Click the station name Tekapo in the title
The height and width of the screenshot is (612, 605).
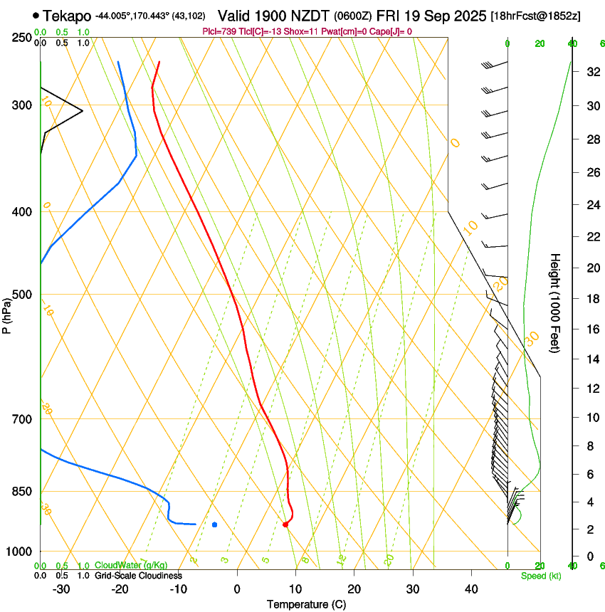click(x=67, y=16)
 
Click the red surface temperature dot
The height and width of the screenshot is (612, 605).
click(x=285, y=524)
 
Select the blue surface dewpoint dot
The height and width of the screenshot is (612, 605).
click(x=214, y=524)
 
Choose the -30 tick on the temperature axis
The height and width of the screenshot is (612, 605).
click(x=61, y=589)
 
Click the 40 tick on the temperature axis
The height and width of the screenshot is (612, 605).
click(x=471, y=589)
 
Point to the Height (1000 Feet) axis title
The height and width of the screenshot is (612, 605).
click(x=555, y=302)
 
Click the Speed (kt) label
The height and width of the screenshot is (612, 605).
click(x=540, y=576)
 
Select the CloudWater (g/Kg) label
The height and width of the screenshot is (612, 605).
click(x=132, y=566)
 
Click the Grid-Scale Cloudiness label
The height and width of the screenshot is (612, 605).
click(x=137, y=576)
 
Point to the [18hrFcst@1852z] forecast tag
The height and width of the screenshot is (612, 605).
click(x=535, y=16)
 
